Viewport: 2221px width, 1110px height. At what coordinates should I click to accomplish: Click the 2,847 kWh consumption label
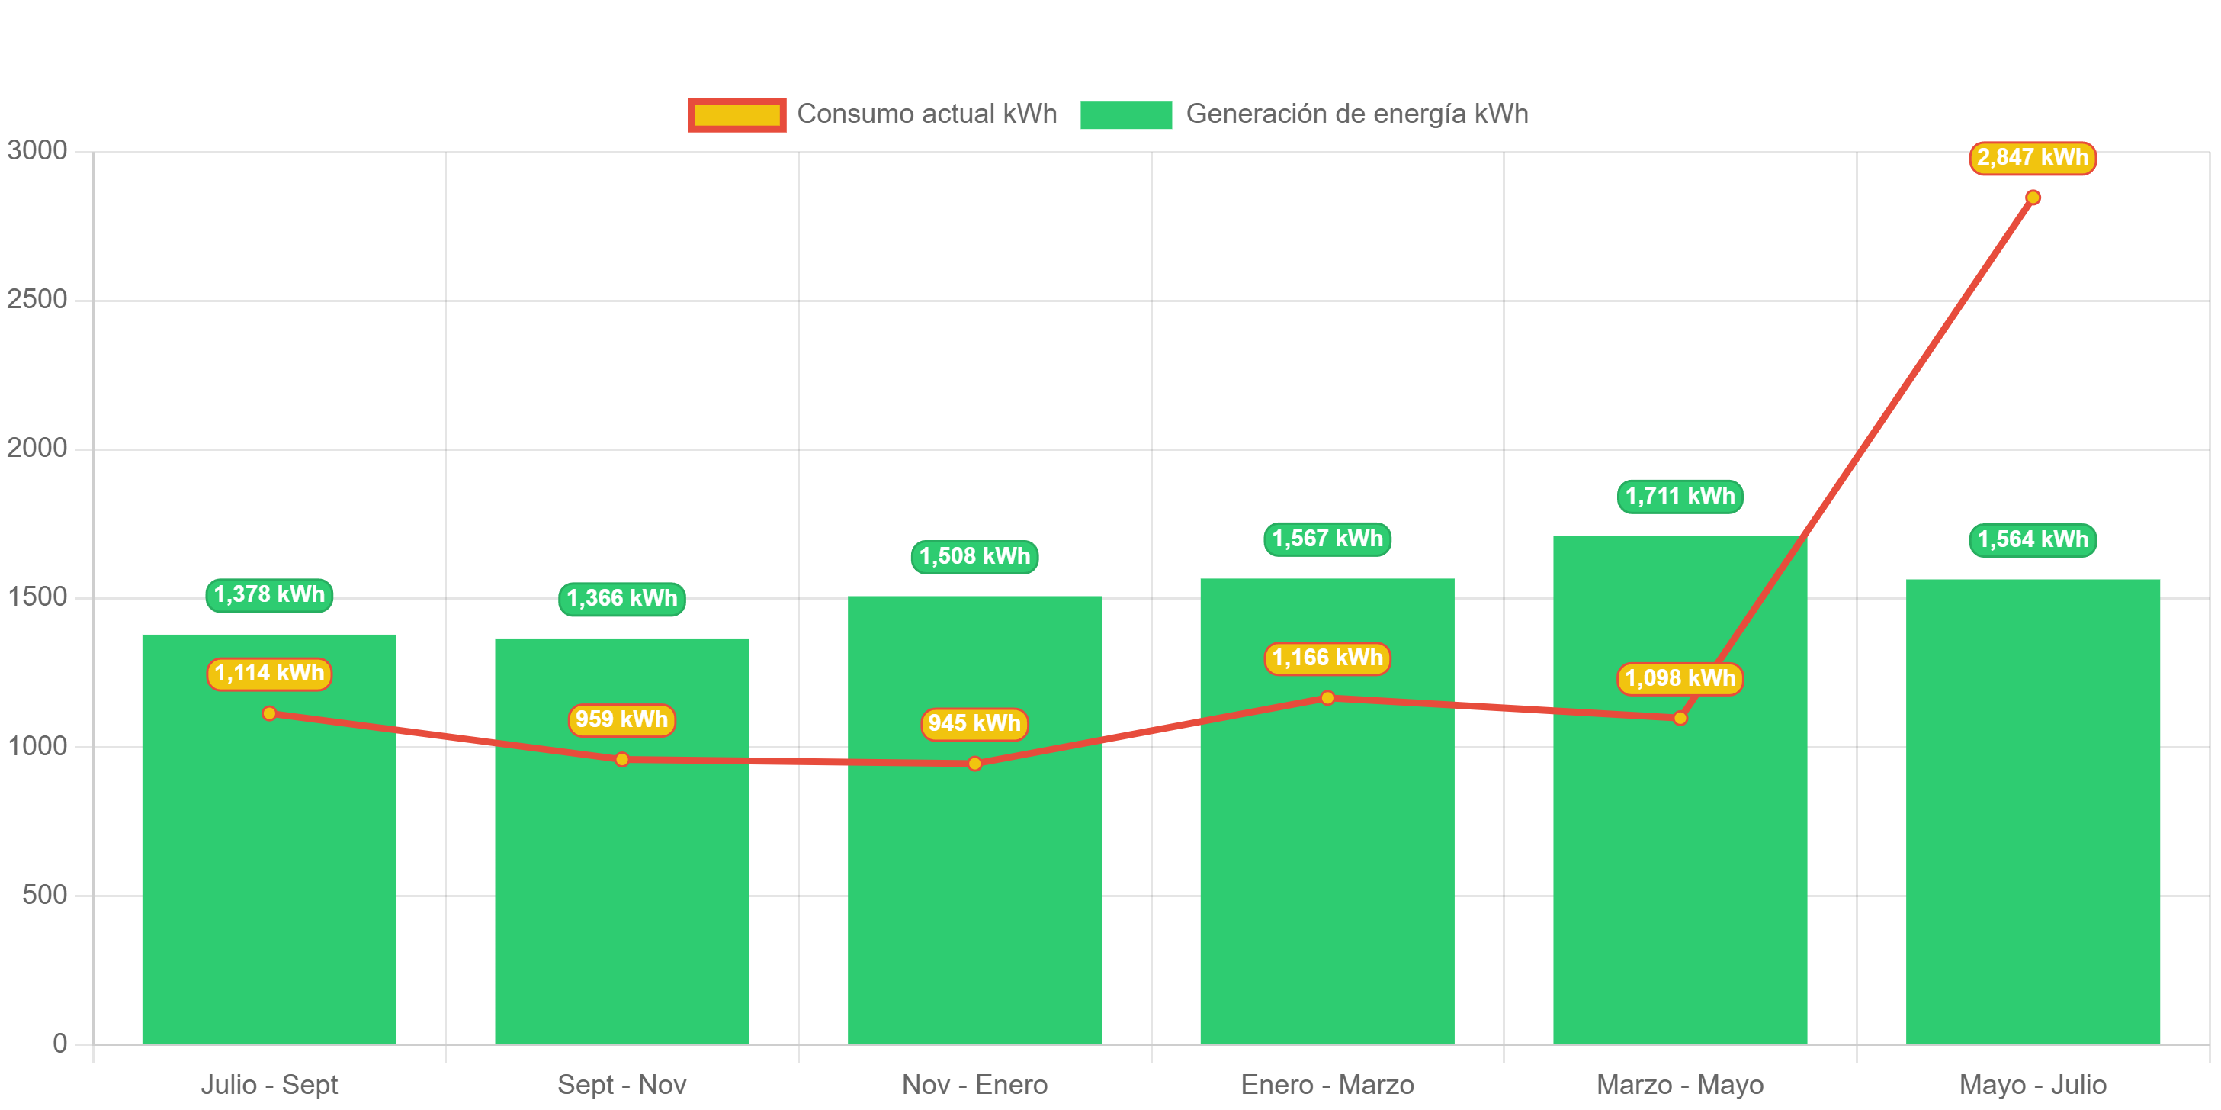tap(2032, 158)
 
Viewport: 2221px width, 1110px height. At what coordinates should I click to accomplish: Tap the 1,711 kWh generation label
tap(1680, 496)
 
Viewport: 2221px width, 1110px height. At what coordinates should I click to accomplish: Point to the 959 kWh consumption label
tap(621, 719)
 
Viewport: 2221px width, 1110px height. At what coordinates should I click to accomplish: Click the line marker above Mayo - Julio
tap(2032, 198)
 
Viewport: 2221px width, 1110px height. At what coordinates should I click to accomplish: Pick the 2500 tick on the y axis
tap(37, 298)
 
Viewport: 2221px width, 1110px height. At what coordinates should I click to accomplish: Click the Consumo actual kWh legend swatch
tap(737, 114)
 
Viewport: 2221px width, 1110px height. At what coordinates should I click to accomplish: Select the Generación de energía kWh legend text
tap(1356, 114)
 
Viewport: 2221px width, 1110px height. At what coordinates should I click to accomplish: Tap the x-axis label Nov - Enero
tap(974, 1084)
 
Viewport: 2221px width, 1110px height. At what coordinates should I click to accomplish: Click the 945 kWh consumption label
tap(974, 722)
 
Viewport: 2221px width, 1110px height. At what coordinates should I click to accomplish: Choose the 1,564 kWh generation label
tap(2032, 540)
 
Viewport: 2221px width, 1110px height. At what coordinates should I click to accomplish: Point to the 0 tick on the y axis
tap(59, 1043)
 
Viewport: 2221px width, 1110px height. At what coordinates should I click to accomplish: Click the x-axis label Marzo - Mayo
tap(1680, 1084)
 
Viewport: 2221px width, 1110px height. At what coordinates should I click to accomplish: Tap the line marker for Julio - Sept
tap(269, 713)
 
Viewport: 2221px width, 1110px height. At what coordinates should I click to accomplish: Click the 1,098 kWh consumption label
tap(1680, 678)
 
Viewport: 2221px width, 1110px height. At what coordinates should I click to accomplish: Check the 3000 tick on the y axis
tap(37, 150)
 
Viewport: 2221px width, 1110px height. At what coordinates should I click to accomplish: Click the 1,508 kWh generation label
tap(974, 556)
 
